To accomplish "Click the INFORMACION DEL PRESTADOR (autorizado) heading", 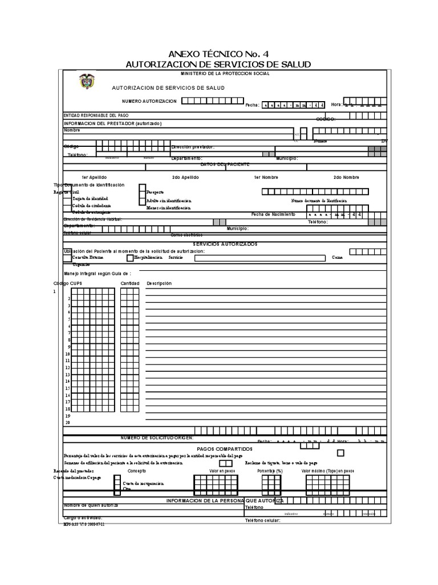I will pos(112,123).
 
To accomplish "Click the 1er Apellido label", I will pos(94,178).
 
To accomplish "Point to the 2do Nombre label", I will pos(346,178).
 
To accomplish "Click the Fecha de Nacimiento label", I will pos(273,214).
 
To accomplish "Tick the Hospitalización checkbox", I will pos(130,258).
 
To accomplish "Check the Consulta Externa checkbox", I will pos(67,258).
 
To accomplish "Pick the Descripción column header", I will pos(159,283).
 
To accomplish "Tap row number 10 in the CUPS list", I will pos(67,354).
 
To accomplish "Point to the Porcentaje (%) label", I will pos(270,471).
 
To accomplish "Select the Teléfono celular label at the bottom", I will pos(263,521).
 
